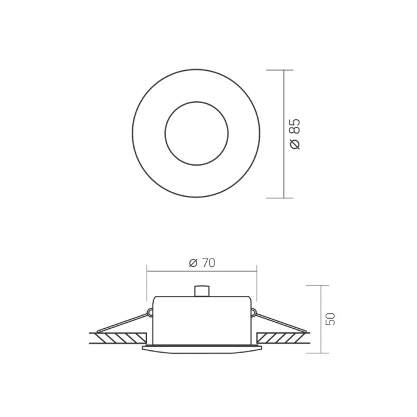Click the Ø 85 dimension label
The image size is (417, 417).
(295, 134)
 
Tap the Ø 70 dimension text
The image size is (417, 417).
(202, 263)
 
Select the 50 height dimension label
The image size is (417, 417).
(331, 319)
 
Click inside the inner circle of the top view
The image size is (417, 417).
(197, 133)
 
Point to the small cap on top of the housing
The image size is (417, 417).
(201, 291)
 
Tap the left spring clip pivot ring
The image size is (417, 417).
(150, 312)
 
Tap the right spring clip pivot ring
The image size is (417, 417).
(253, 312)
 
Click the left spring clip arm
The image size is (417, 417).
(122, 323)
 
